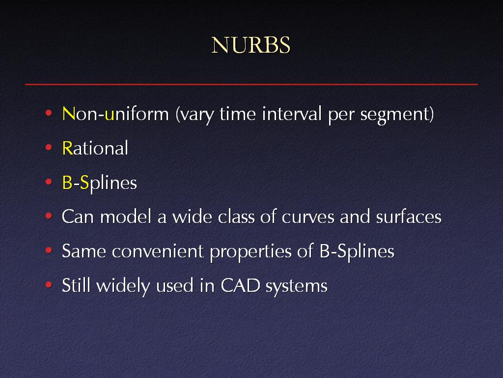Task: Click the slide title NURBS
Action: [x=251, y=45]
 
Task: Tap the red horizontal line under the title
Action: [x=251, y=84]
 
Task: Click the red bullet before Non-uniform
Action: [x=49, y=113]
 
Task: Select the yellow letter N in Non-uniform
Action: [x=69, y=114]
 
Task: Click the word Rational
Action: [x=95, y=148]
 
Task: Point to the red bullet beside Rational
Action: [x=49, y=147]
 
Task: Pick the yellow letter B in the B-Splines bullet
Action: [x=67, y=183]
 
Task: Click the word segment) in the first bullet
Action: [x=397, y=115]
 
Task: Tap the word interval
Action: [x=292, y=114]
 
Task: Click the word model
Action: [x=125, y=217]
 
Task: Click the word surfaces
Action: [x=409, y=217]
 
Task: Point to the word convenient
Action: [x=158, y=251]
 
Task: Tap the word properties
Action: [x=251, y=252]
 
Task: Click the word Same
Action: [x=84, y=251]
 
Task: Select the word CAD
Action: [x=240, y=285]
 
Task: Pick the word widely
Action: [x=123, y=286]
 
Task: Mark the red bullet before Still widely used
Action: [x=49, y=284]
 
